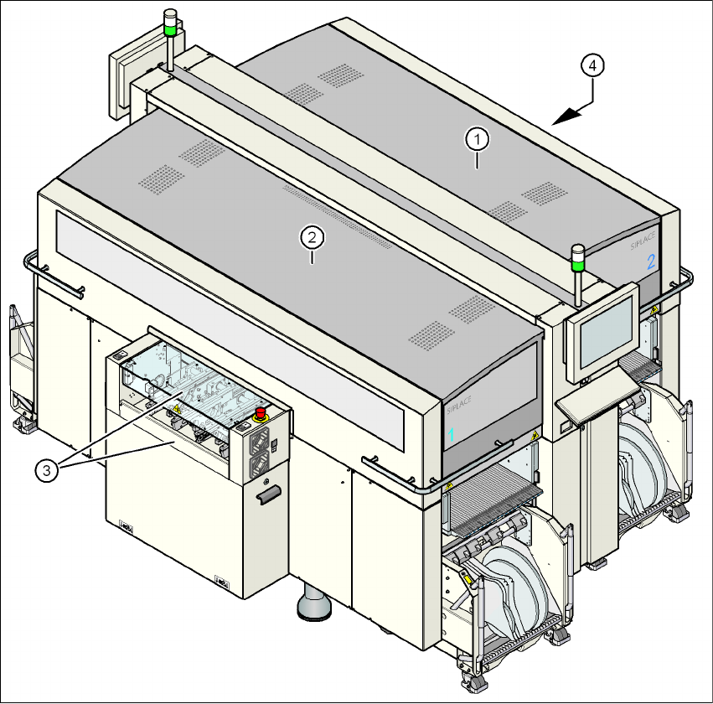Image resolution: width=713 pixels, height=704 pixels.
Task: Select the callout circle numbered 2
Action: coord(312,239)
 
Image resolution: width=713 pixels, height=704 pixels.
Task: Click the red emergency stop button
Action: coord(261,412)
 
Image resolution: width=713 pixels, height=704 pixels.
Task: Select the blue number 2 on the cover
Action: coord(650,262)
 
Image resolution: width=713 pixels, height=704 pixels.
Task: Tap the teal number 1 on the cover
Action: coord(451,435)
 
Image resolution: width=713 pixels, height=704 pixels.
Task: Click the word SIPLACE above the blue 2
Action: coord(643,246)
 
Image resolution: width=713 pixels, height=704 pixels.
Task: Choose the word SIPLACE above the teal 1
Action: coord(457,406)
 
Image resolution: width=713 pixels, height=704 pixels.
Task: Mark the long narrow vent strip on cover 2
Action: coord(335,218)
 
